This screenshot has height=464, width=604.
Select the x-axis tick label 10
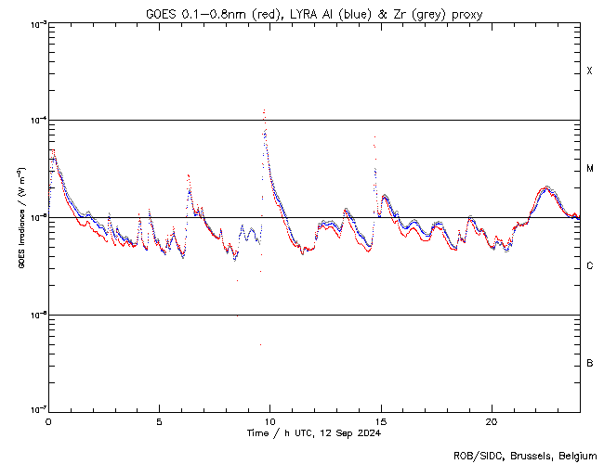click(x=270, y=419)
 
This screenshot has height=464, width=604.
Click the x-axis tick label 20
click(x=491, y=419)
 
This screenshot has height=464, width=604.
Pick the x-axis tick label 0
click(x=48, y=419)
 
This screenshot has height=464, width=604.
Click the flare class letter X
click(x=590, y=71)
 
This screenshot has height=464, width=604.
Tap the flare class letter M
click(x=590, y=169)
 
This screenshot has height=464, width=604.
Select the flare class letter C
click(x=590, y=266)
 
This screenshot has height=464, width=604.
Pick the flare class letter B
click(x=590, y=363)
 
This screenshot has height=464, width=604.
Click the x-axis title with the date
click(x=313, y=433)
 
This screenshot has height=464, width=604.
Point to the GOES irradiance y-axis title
click(x=20, y=217)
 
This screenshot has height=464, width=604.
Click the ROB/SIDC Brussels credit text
click(x=526, y=455)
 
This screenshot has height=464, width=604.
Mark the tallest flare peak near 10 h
click(x=265, y=110)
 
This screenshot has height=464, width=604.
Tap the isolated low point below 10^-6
click(x=260, y=344)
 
